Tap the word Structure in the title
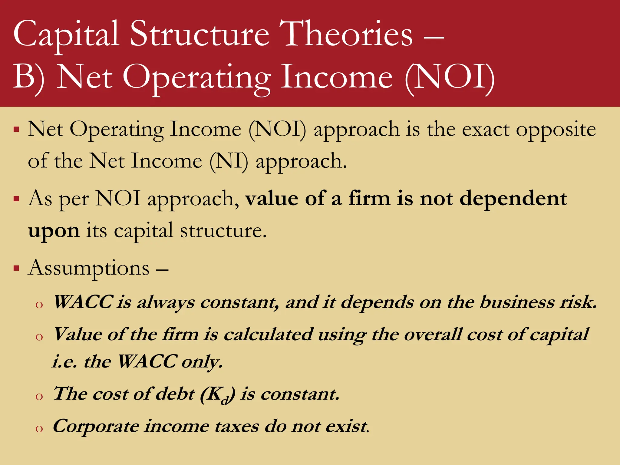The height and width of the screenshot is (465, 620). click(200, 34)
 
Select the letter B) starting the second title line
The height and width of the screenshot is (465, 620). click(29, 77)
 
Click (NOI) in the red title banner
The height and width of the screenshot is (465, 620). click(450, 77)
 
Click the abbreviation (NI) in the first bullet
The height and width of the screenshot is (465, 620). click(229, 161)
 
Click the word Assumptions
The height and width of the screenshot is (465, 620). click(89, 268)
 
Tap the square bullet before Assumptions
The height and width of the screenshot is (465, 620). click(16, 268)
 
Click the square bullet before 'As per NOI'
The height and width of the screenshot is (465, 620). click(16, 199)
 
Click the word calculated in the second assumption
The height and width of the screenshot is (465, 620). click(268, 335)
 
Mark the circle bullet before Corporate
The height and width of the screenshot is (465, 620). click(39, 428)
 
